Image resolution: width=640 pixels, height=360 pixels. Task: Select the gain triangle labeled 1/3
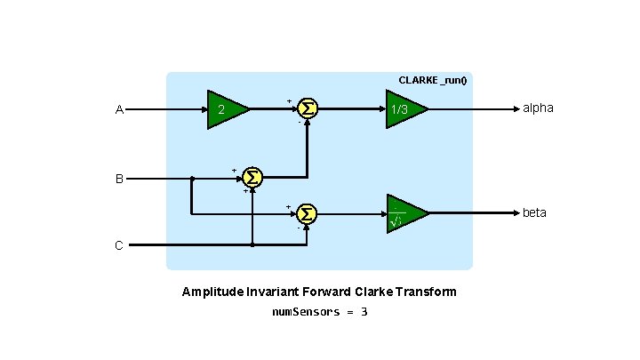pyautogui.click(x=404, y=109)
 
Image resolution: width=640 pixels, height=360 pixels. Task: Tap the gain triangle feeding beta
pyautogui.click(x=404, y=214)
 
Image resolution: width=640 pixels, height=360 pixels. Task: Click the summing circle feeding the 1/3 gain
pyautogui.click(x=307, y=108)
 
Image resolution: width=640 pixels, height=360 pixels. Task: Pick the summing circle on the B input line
pyautogui.click(x=252, y=178)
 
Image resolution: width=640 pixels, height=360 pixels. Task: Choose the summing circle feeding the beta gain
pyautogui.click(x=307, y=214)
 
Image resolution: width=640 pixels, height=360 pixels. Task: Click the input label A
pyautogui.click(x=119, y=110)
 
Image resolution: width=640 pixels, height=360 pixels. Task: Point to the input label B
pyautogui.click(x=119, y=179)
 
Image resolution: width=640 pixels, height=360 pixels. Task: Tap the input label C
pyautogui.click(x=119, y=245)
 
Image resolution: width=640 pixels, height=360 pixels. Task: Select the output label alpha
pyautogui.click(x=538, y=108)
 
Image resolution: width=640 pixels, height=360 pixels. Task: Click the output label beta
pyautogui.click(x=534, y=213)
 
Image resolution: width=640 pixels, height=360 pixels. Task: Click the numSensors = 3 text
pyautogui.click(x=319, y=312)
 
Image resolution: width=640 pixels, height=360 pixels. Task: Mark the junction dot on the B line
pyautogui.click(x=192, y=179)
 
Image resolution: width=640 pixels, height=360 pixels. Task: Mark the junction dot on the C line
pyautogui.click(x=252, y=244)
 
